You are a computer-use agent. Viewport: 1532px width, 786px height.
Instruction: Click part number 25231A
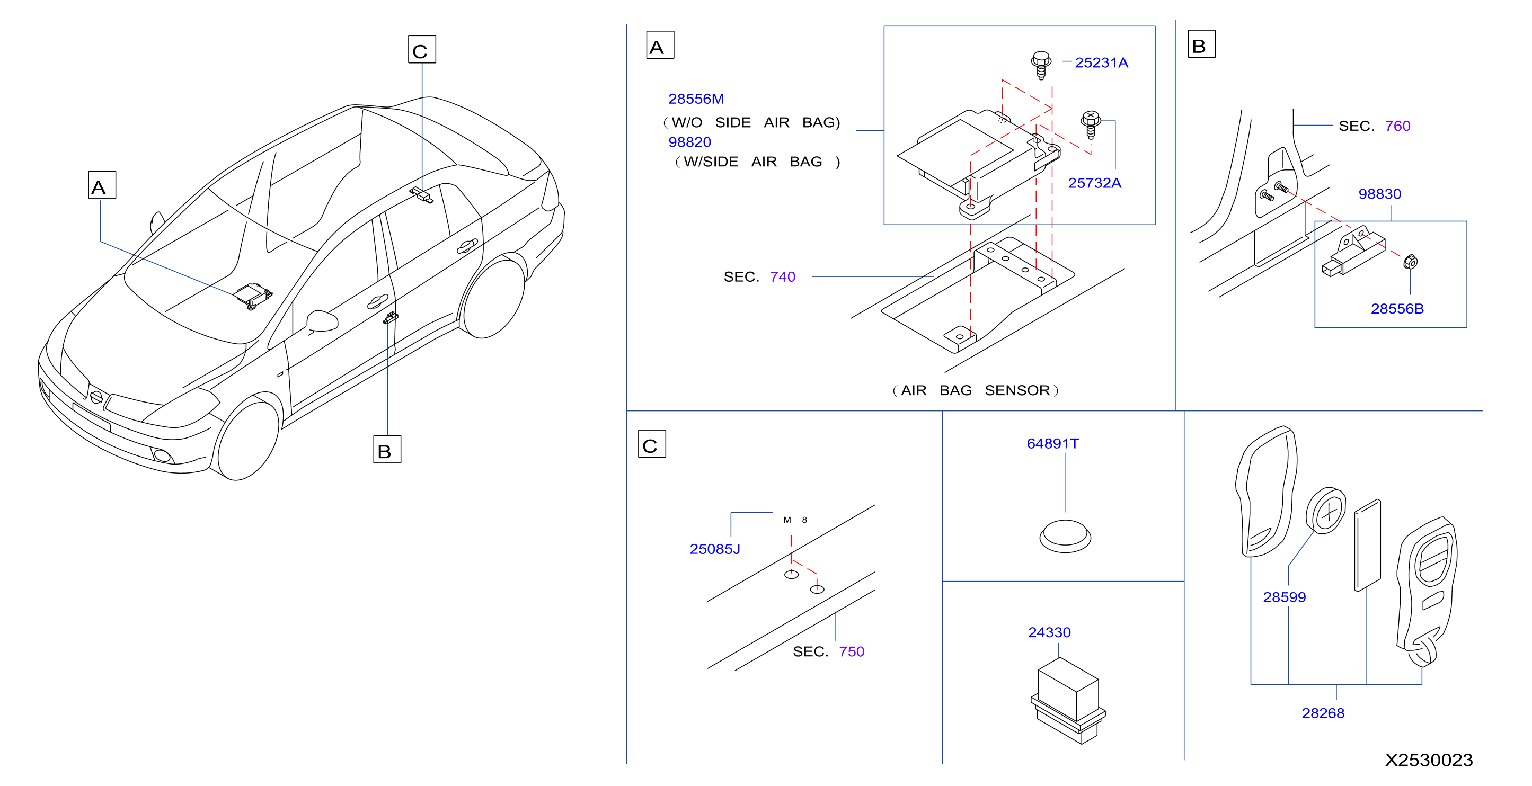[x=1101, y=62]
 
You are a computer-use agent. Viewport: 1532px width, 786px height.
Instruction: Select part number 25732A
[x=1094, y=183]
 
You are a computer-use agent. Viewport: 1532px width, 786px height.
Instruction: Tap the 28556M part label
[x=696, y=99]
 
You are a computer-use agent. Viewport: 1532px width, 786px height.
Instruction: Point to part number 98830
[x=1379, y=194]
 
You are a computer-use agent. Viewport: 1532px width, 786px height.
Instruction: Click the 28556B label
[x=1397, y=309]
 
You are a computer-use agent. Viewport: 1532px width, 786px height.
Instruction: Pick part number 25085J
[x=715, y=549]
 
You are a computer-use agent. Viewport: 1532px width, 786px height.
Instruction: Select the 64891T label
[x=1052, y=443]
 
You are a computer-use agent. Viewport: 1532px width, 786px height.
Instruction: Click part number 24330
[x=1049, y=632]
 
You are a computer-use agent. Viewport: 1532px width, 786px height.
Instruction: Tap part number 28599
[x=1284, y=597]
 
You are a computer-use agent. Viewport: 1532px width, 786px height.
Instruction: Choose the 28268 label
[x=1323, y=713]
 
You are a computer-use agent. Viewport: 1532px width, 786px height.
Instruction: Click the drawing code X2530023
[x=1429, y=760]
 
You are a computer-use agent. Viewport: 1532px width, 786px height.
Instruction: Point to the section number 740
[x=783, y=276]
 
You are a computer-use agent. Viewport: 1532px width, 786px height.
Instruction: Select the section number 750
[x=852, y=651]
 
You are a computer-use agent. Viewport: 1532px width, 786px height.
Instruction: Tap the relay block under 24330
[x=1068, y=700]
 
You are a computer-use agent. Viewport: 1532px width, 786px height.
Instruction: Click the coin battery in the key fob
[x=1326, y=511]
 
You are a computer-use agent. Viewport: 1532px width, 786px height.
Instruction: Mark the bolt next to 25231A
[x=1041, y=65]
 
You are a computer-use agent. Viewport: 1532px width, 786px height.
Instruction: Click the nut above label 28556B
[x=1410, y=262]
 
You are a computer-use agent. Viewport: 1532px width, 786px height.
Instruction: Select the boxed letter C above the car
[x=422, y=49]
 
